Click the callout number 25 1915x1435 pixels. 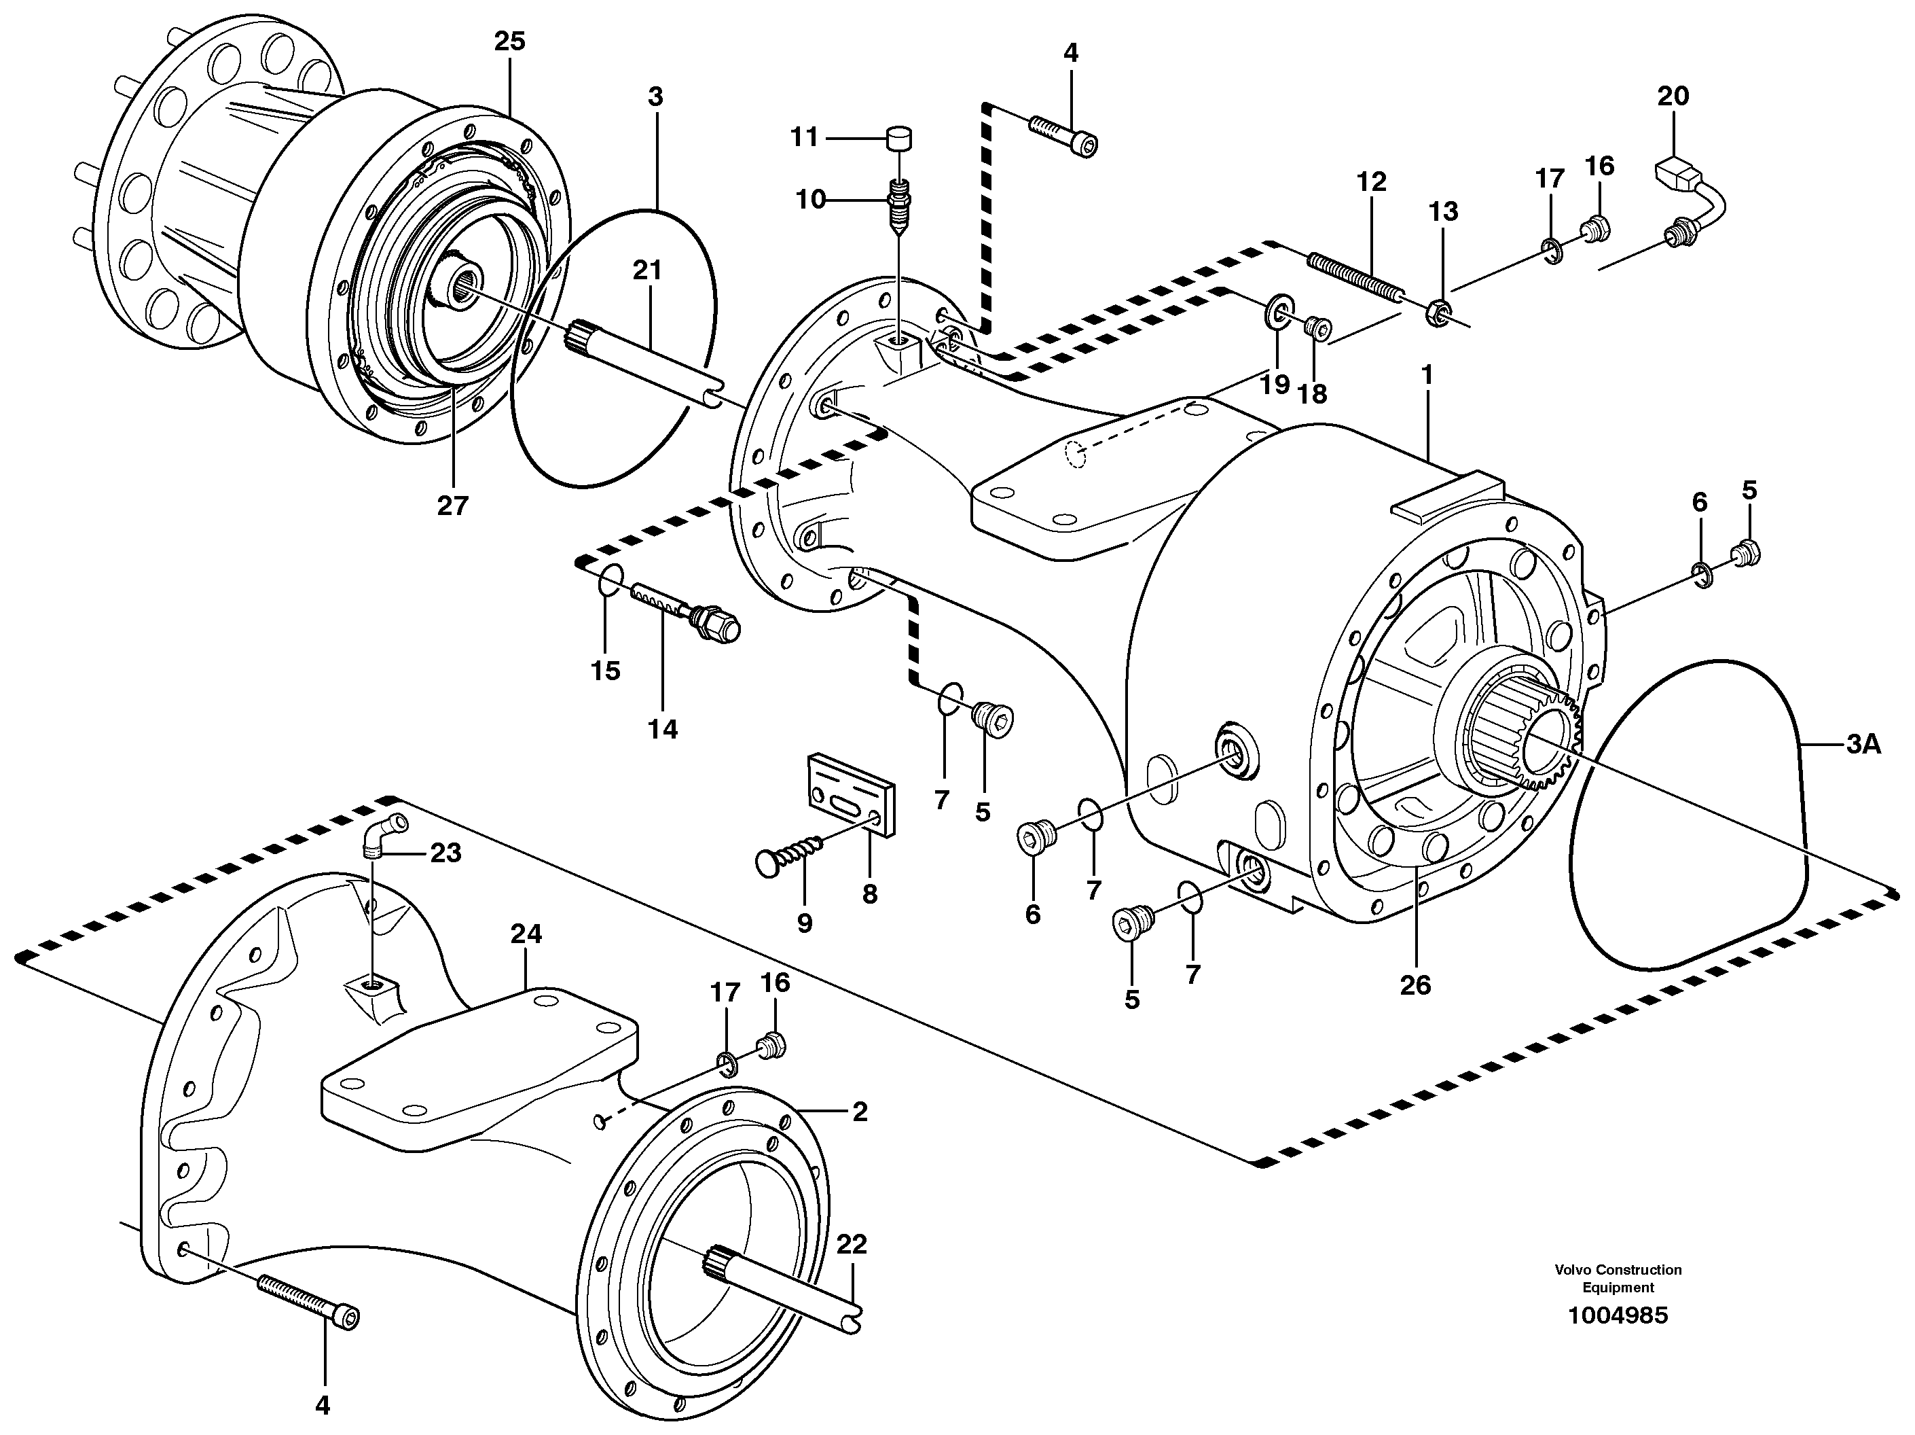coord(510,41)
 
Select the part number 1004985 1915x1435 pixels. coord(1617,1315)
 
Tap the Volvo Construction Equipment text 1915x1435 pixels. coord(1617,1277)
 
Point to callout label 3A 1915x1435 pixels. coord(1863,743)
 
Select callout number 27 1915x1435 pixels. coord(452,505)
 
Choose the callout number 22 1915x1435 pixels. coord(851,1245)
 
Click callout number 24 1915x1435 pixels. coord(526,934)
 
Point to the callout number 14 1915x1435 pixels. coord(662,728)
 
